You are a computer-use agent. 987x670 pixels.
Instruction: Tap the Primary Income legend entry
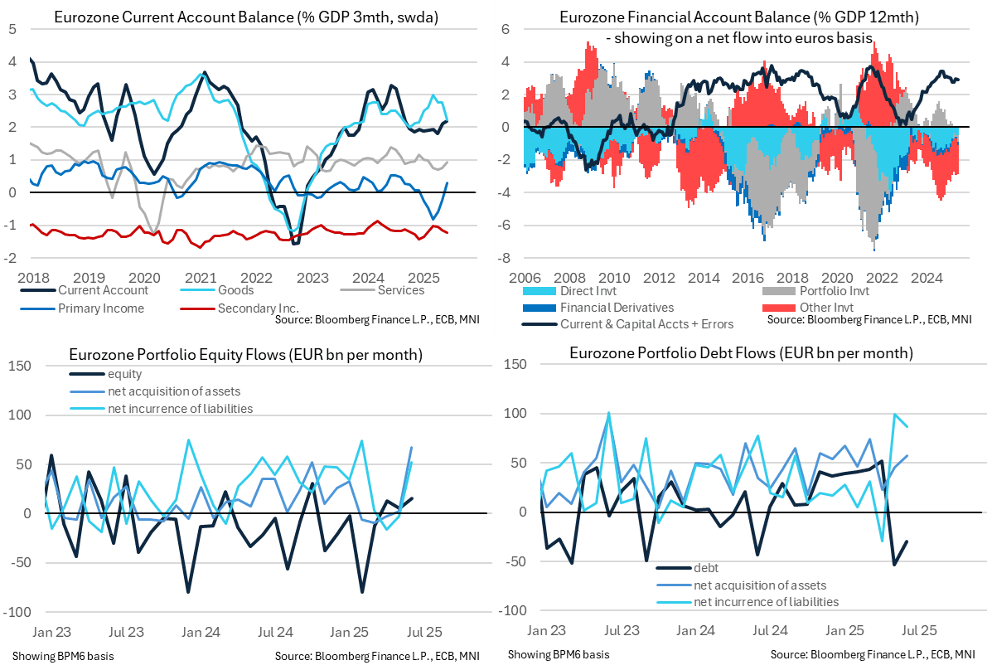click(x=101, y=308)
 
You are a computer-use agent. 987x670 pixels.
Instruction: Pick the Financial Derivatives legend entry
click(x=616, y=308)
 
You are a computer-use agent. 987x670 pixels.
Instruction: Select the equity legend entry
click(x=125, y=375)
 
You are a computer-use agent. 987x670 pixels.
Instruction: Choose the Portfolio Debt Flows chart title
click(x=741, y=353)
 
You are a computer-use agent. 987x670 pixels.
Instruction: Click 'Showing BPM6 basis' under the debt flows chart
click(x=558, y=654)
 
